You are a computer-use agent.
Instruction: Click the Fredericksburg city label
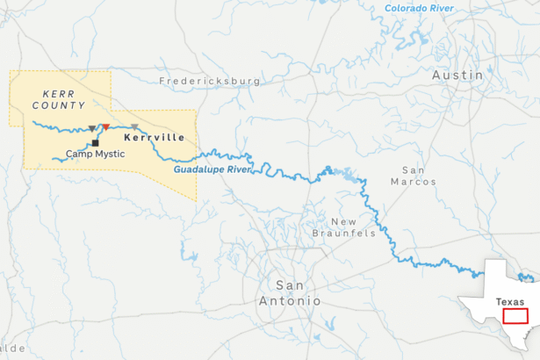point(210,81)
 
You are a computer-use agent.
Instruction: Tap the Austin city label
point(457,76)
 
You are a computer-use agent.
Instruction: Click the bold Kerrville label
point(155,139)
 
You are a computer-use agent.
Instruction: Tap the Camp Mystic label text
point(96,155)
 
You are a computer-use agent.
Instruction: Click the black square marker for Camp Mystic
point(94,142)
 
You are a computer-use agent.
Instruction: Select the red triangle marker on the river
point(106,128)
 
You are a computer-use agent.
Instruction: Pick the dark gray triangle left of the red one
point(92,129)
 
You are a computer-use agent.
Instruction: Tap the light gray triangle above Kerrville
point(134,128)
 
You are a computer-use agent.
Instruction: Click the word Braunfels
point(344,234)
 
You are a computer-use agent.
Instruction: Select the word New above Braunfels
point(343,221)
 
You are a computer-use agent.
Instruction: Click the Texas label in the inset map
point(509,301)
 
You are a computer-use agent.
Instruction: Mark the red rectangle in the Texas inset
point(515,315)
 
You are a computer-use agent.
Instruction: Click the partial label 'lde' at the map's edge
point(6,349)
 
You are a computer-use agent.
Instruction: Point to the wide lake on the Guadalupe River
point(350,175)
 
